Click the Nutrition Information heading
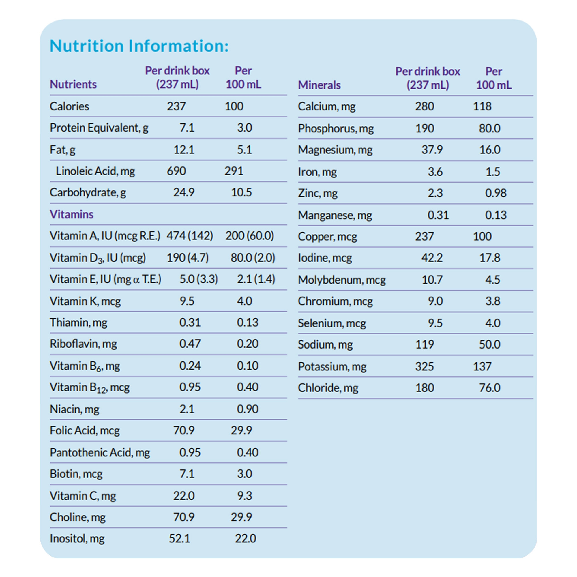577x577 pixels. point(139,46)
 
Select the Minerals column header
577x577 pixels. point(319,85)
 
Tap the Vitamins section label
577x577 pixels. point(71,214)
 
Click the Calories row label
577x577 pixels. point(69,106)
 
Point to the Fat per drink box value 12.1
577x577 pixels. point(184,149)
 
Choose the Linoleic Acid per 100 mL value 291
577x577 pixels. point(234,171)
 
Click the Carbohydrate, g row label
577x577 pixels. point(88,192)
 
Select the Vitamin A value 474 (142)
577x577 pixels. point(190,236)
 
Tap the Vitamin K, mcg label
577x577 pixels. point(85,301)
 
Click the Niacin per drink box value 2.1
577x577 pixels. point(187,409)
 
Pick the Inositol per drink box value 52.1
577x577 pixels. point(179,538)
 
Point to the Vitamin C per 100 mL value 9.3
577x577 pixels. point(244,496)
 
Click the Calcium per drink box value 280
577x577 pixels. point(424,106)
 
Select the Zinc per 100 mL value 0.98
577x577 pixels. point(495,193)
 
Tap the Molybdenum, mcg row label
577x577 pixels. point(342,280)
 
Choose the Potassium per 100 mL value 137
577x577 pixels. point(482,366)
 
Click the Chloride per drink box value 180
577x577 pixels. point(424,388)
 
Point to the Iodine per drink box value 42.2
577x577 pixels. point(432,257)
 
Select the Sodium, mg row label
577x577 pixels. point(325,344)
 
